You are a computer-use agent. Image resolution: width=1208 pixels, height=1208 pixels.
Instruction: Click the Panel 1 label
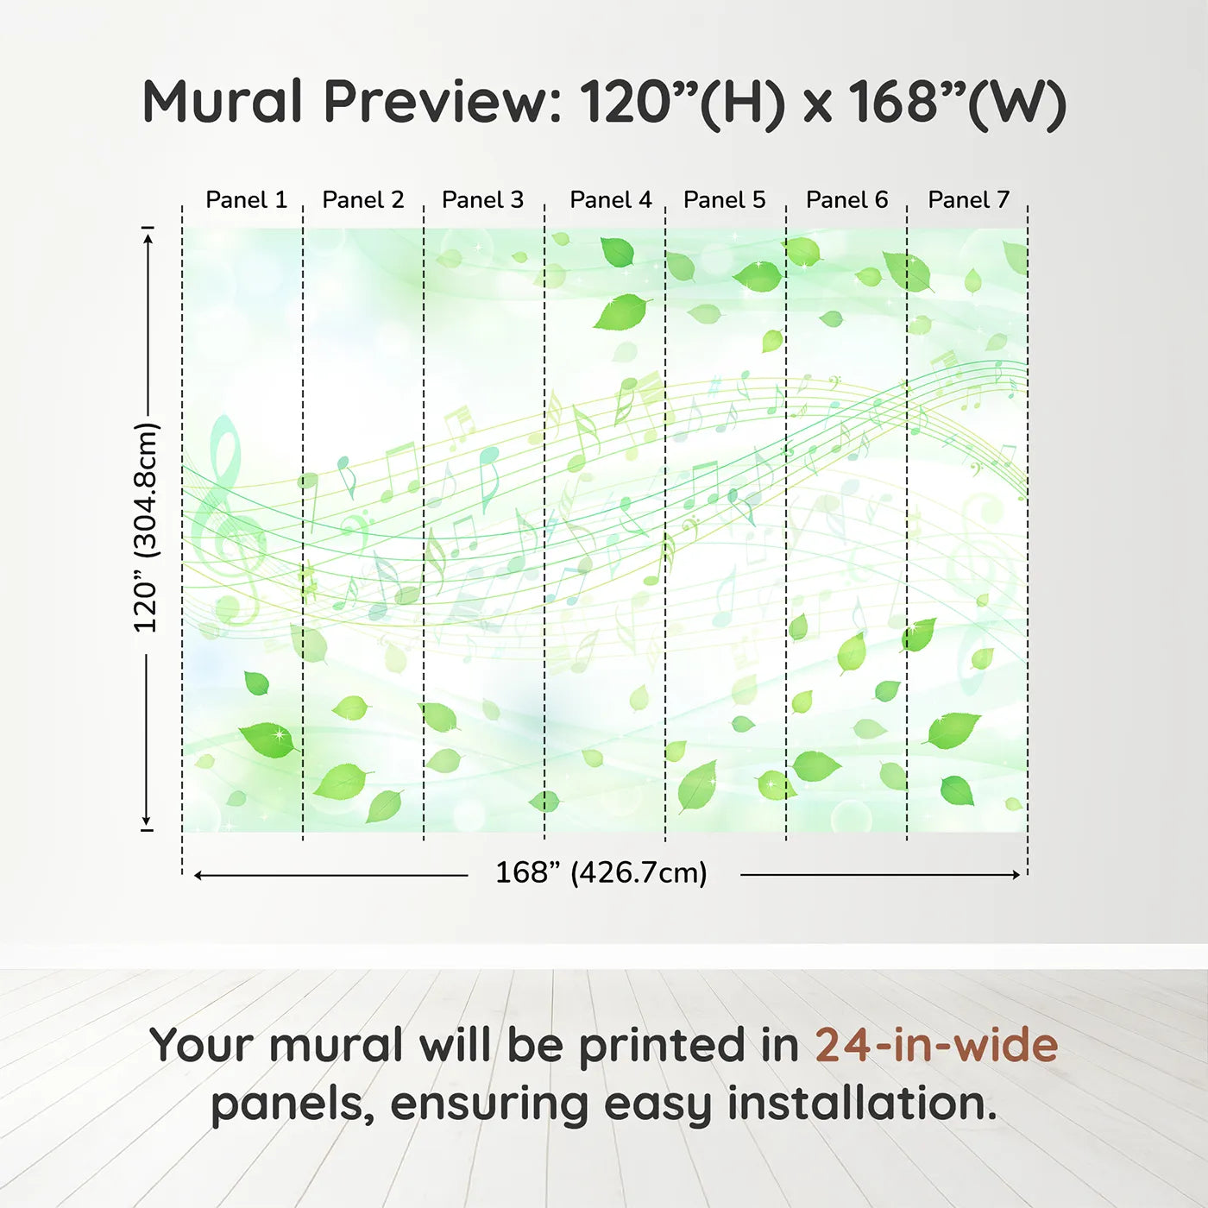tap(246, 200)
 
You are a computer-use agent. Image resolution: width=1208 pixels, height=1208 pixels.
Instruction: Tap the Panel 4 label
tap(611, 200)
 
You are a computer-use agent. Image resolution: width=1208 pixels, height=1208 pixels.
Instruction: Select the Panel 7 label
tap(968, 200)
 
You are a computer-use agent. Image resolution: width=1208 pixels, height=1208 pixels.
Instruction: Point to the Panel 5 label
tap(724, 200)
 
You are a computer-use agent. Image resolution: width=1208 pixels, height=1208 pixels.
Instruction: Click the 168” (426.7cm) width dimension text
tap(601, 873)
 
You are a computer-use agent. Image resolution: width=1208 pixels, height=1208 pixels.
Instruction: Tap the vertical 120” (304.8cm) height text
tap(146, 527)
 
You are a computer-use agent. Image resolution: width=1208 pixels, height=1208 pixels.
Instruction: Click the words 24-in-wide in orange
tap(936, 1046)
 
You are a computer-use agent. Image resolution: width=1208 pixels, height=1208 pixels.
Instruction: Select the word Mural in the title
tap(223, 102)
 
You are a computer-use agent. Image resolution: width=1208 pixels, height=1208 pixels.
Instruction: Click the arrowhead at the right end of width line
tap(1016, 875)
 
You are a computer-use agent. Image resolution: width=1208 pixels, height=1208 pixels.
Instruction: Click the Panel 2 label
tap(362, 200)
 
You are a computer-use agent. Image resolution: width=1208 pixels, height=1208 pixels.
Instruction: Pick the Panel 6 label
tap(846, 200)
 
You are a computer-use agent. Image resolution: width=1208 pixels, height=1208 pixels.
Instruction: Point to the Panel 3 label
tap(482, 200)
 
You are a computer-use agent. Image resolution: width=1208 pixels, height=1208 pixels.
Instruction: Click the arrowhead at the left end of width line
tap(198, 875)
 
